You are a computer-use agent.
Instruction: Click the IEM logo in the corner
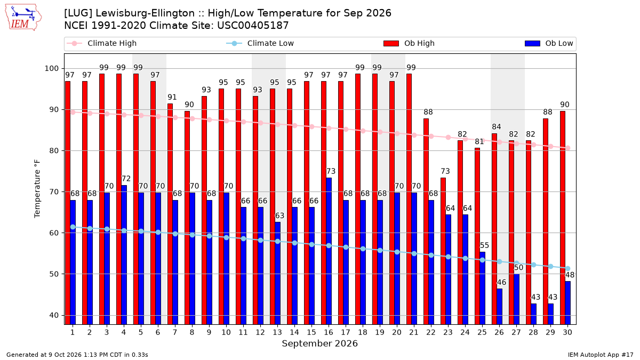pyautogui.click(x=23, y=18)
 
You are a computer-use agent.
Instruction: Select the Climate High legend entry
pyautogui.click(x=101, y=43)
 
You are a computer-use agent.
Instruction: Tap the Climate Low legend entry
pyautogui.click(x=260, y=43)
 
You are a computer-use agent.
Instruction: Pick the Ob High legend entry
pyautogui.click(x=409, y=43)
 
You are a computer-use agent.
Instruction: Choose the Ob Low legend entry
pyautogui.click(x=549, y=43)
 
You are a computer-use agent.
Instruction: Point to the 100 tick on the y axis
pyautogui.click(x=51, y=69)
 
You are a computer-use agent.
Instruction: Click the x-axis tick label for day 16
pyautogui.click(x=329, y=333)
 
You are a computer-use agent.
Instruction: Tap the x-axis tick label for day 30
pyautogui.click(x=567, y=333)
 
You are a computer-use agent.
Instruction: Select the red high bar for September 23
pyautogui.click(x=443, y=251)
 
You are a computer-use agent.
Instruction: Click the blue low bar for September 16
pyautogui.click(x=329, y=251)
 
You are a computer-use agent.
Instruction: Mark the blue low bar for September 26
pyautogui.click(x=499, y=307)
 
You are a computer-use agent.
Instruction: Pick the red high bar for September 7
pyautogui.click(x=170, y=214)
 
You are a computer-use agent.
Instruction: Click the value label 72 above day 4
pyautogui.click(x=126, y=179)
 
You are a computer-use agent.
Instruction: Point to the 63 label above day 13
pyautogui.click(x=279, y=215)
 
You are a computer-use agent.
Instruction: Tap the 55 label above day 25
pyautogui.click(x=484, y=245)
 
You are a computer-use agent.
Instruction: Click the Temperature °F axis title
pyautogui.click(x=37, y=189)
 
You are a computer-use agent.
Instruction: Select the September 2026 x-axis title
pyautogui.click(x=319, y=343)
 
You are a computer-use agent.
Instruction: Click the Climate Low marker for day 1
pyautogui.click(x=73, y=227)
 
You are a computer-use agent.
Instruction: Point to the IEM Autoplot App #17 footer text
pyautogui.click(x=601, y=355)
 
